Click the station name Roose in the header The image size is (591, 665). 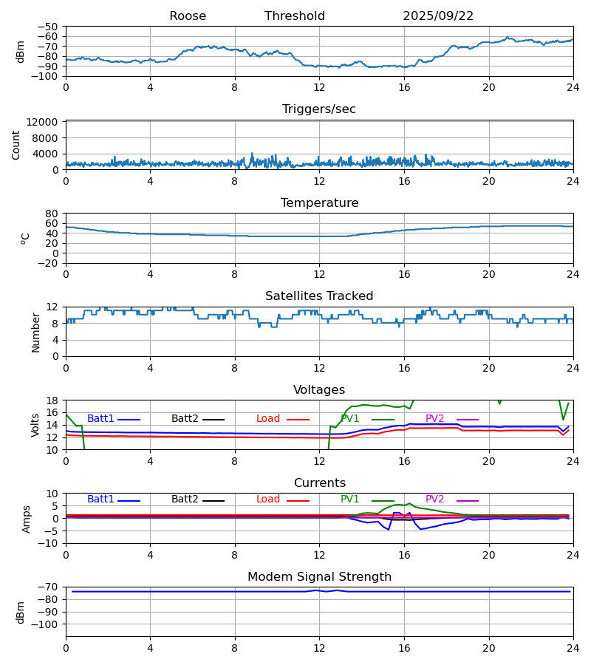click(188, 16)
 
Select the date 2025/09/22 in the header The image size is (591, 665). click(438, 16)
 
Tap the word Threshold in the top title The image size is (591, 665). click(295, 16)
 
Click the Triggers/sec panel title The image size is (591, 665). click(319, 109)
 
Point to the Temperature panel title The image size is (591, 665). click(319, 203)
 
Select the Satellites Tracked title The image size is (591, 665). click(319, 296)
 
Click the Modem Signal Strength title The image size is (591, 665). click(319, 577)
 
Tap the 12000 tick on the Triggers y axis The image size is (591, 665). click(47, 122)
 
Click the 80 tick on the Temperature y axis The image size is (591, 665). click(52, 214)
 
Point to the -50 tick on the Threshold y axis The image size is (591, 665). click(49, 27)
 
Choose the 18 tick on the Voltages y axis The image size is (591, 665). click(52, 400)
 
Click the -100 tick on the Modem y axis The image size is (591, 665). click(46, 624)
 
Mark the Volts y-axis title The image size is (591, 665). click(35, 425)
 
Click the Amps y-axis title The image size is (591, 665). click(27, 519)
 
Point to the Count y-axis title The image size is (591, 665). click(16, 145)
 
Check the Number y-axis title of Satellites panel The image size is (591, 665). click(35, 332)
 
